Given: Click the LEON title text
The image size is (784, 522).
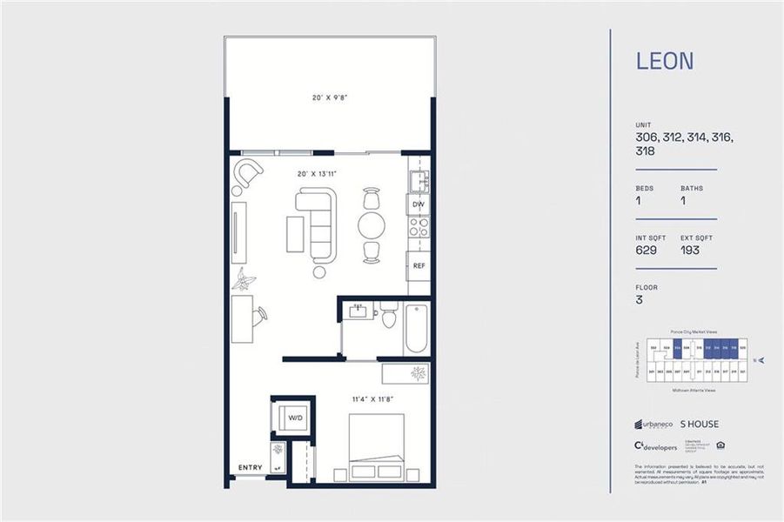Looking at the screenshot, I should (x=665, y=62).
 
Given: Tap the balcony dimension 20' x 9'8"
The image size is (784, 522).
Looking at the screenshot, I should (x=329, y=98).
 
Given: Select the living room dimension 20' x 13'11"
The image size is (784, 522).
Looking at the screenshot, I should (x=317, y=174).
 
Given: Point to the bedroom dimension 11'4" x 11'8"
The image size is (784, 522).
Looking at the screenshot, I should (x=372, y=399).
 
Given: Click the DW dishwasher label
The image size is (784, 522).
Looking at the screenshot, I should (x=418, y=205).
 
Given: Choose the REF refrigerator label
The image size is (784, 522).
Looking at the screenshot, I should (x=419, y=266).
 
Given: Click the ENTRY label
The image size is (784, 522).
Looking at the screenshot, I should (x=250, y=468).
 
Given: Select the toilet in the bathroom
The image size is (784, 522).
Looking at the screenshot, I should (x=389, y=315).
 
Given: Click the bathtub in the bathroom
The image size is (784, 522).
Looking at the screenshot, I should (x=416, y=327).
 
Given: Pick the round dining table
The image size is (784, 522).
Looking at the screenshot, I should (x=372, y=225).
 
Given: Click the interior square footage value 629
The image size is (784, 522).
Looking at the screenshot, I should (x=647, y=251).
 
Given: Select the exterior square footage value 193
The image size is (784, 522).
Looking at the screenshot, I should (x=691, y=251).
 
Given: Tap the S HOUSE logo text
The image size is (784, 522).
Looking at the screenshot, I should (x=700, y=425).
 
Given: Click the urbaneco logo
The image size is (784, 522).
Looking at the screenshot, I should (x=653, y=425).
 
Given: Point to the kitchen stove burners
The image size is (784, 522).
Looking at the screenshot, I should (x=419, y=228).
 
